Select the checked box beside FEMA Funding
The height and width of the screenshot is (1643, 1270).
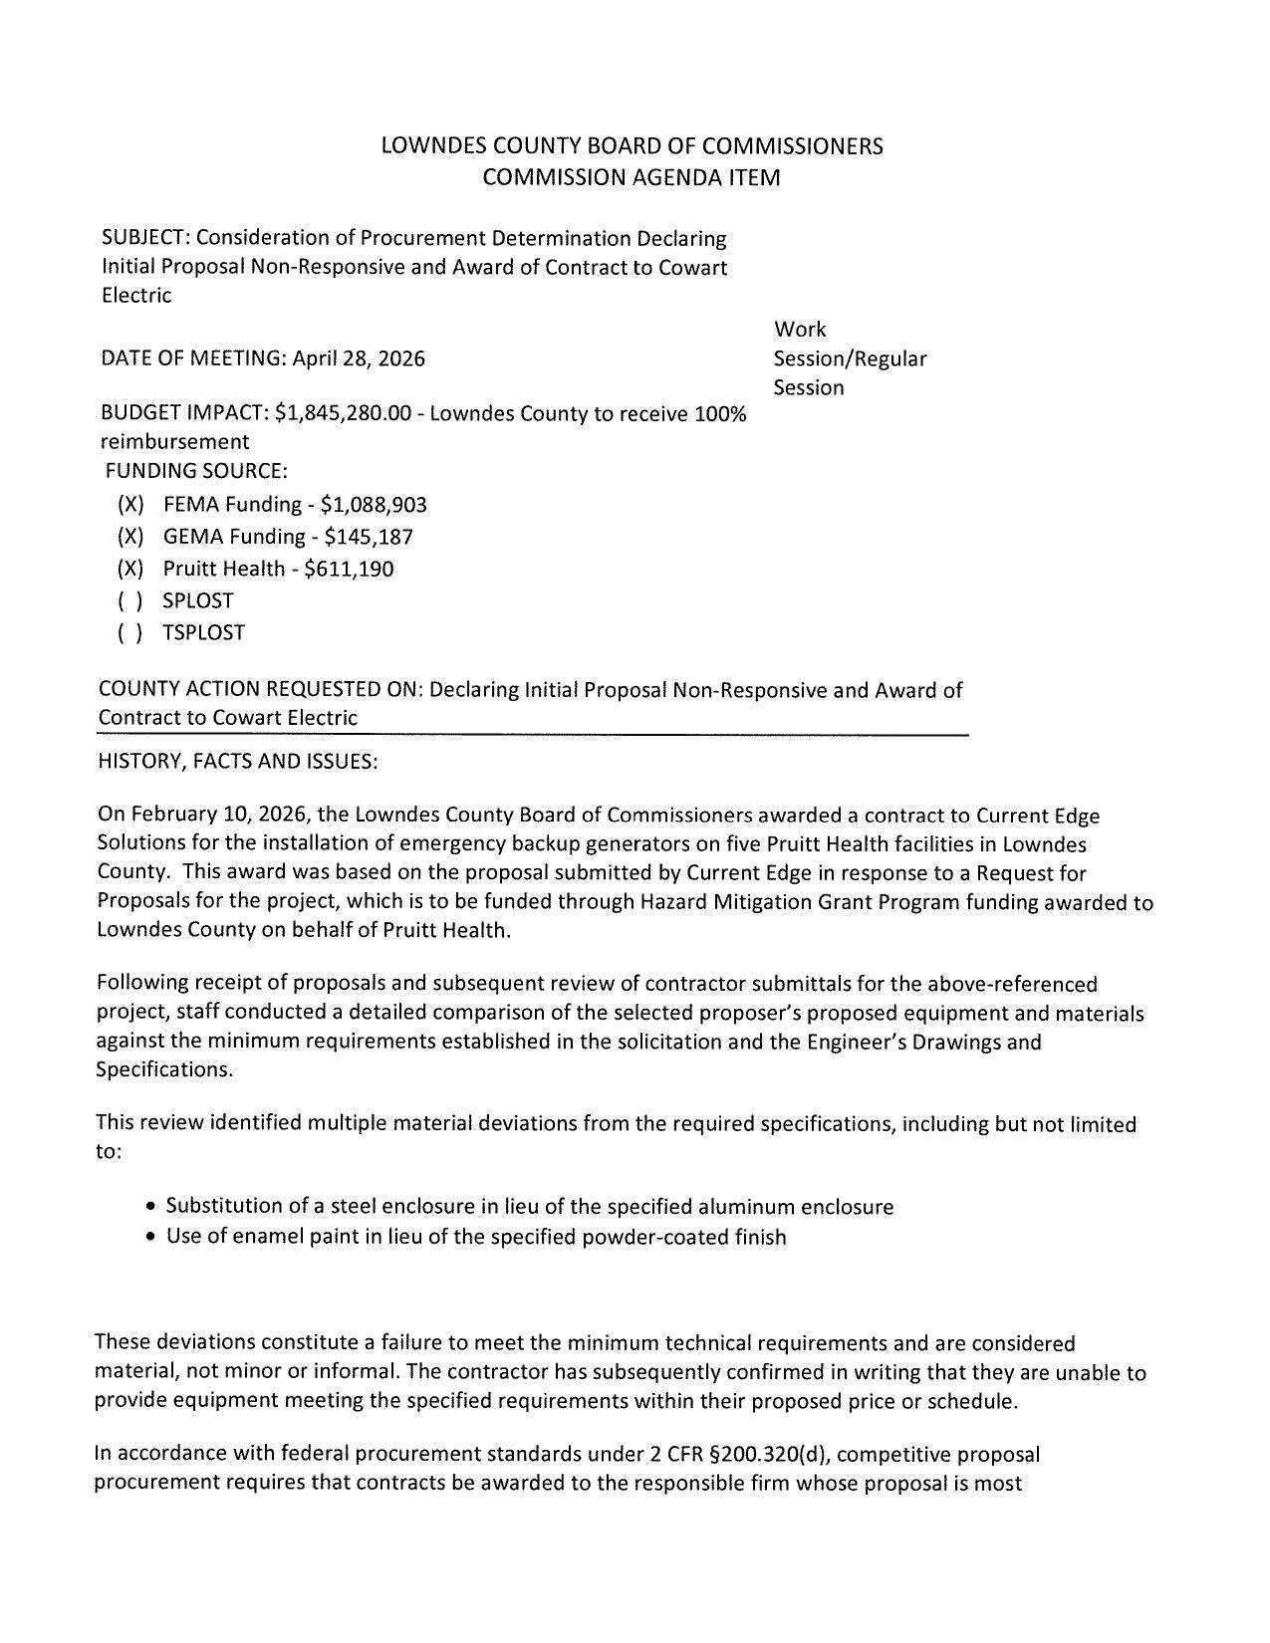(130, 505)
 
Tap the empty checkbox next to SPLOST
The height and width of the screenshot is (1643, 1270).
(130, 601)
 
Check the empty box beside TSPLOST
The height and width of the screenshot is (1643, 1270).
(130, 633)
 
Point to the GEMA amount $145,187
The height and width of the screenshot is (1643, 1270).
(369, 537)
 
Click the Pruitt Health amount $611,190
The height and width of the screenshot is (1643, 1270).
(349, 570)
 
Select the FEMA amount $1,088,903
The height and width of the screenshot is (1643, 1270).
(374, 505)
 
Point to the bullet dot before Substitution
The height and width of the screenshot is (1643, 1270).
(150, 1208)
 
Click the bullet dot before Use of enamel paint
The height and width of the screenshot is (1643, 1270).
(150, 1239)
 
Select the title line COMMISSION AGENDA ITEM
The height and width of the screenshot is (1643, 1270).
(632, 178)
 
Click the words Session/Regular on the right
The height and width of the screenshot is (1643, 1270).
(850, 358)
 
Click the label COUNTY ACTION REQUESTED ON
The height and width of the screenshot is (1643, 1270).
(261, 690)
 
